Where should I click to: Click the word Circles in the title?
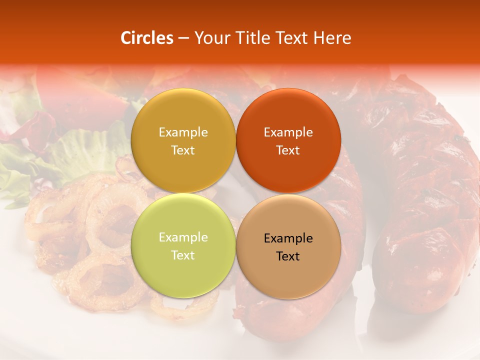point(146,38)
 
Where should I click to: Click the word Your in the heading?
point(210,38)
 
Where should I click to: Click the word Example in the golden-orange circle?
point(183,132)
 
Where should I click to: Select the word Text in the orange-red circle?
point(288,150)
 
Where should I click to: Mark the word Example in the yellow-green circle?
point(183,237)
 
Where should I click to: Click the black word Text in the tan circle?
point(288,256)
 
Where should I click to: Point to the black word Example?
point(288,238)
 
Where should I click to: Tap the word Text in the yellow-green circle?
point(183,255)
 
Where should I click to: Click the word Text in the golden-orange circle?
point(183,150)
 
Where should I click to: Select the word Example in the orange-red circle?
point(288,132)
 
